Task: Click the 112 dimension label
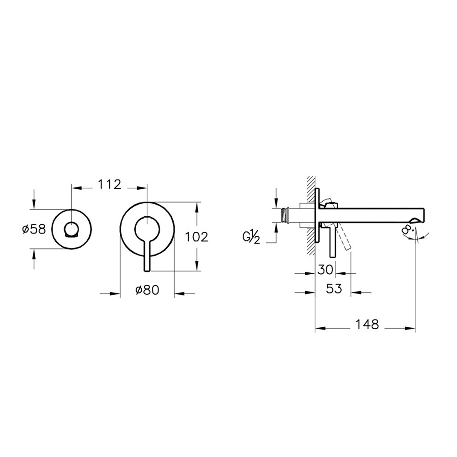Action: click(109, 185)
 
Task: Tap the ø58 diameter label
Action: click(34, 229)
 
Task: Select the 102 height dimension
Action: click(197, 237)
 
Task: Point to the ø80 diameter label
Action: click(147, 290)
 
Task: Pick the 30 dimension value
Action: click(325, 270)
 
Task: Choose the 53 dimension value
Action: click(334, 288)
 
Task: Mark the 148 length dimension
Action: click(367, 324)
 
